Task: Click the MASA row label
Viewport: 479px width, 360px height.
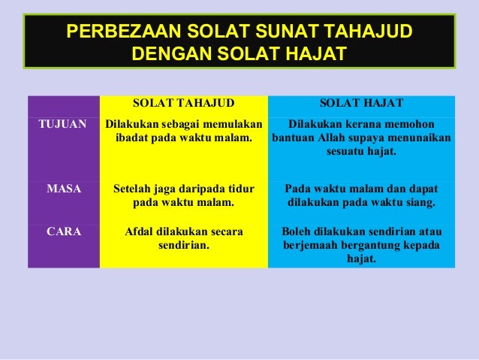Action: coord(64,189)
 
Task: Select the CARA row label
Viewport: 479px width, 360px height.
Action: coord(65,232)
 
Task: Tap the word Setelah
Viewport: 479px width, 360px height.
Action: coord(133,189)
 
